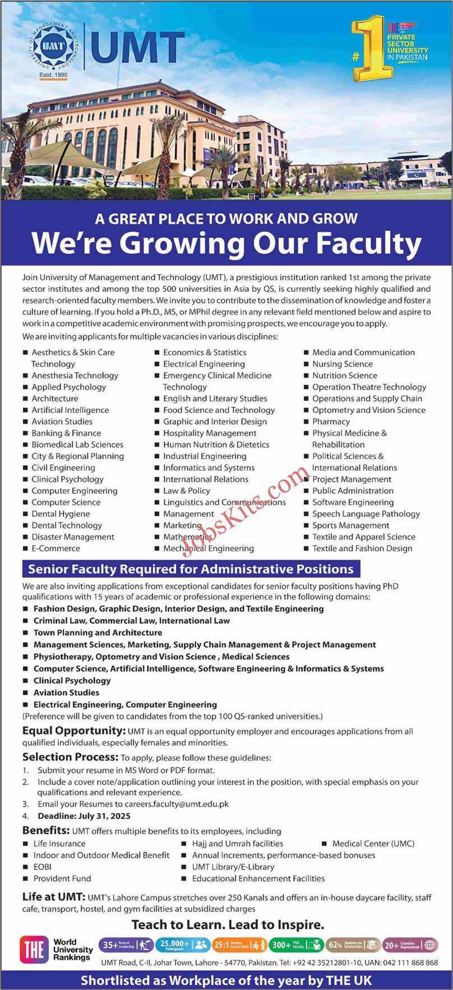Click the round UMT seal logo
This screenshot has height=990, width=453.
53,47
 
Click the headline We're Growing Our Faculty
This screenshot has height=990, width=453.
227,243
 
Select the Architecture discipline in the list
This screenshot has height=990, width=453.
55,398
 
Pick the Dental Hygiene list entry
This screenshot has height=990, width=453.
61,514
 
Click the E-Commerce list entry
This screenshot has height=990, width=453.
56,548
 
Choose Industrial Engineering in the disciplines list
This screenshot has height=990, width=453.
205,456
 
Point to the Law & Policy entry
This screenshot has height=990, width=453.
187,491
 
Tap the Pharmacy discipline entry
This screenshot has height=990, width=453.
331,421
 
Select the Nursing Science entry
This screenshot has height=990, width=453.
343,364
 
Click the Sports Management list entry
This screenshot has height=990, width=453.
351,525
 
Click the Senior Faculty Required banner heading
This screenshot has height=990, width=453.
191,569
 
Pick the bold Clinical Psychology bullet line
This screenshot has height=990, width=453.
72,680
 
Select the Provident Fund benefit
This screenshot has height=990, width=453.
62,878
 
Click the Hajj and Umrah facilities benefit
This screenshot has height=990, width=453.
238,844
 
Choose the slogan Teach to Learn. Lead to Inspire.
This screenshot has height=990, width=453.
228,924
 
